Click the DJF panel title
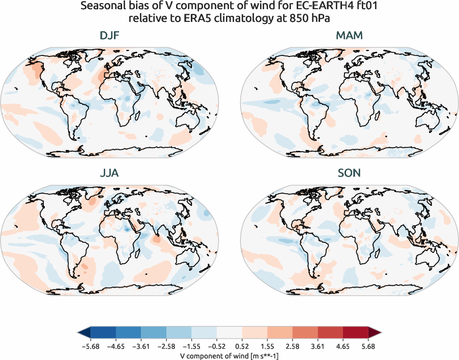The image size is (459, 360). point(110,36)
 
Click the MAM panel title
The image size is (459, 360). point(350,36)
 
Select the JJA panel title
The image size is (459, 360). point(110,173)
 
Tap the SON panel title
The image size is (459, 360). point(350,173)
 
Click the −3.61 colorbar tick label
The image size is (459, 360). point(140,345)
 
